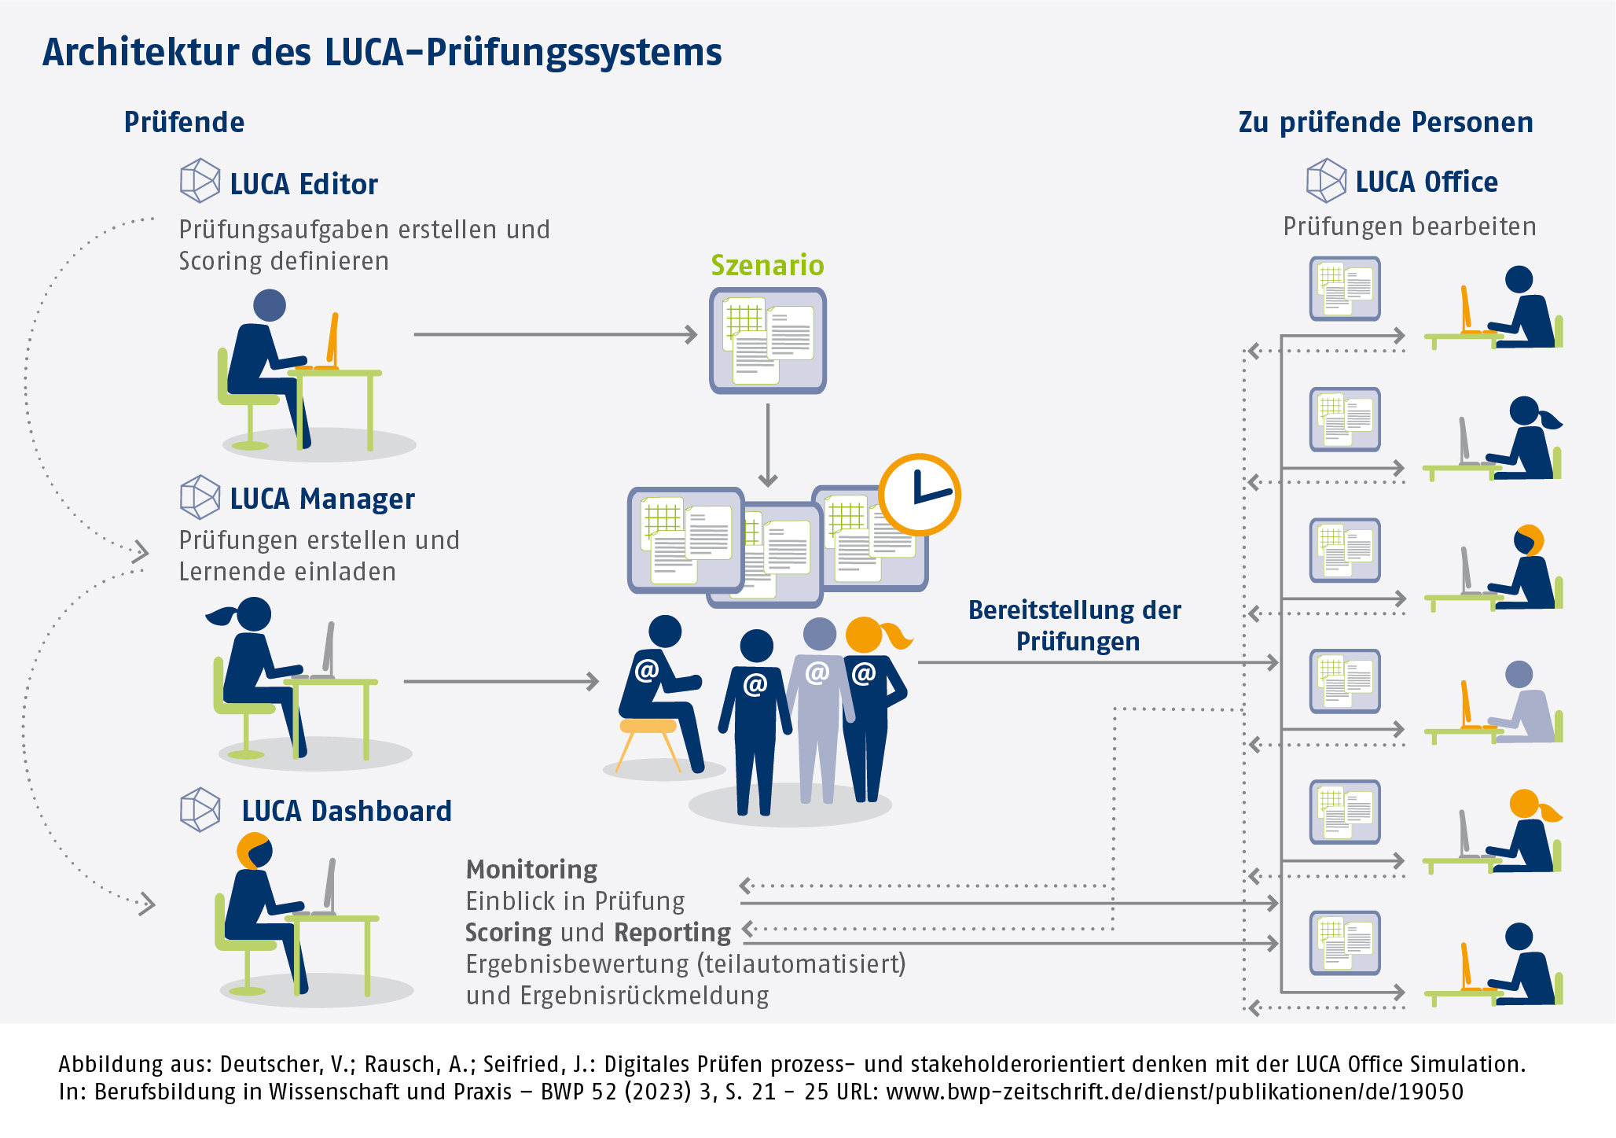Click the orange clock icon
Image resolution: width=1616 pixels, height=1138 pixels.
click(x=919, y=495)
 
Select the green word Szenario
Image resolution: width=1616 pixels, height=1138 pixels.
click(x=767, y=266)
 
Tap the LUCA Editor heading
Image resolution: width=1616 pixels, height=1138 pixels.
click(x=303, y=184)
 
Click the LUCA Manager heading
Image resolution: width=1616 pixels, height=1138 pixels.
click(x=321, y=499)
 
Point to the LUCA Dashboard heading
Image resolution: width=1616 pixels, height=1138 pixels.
click(x=346, y=811)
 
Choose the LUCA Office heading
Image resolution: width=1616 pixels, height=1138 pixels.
click(x=1426, y=182)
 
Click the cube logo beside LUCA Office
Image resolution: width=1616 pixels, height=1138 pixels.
click(x=1326, y=181)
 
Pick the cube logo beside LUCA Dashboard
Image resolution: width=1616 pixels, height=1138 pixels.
click(x=200, y=809)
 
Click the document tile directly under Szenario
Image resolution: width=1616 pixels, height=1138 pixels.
click(x=768, y=341)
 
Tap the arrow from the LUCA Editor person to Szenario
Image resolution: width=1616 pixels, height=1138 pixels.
click(x=554, y=335)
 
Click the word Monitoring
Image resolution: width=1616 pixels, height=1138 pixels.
click(x=531, y=869)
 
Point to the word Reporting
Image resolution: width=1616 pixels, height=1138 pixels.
click(x=672, y=932)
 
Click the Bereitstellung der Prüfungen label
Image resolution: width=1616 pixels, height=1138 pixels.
click(x=1075, y=625)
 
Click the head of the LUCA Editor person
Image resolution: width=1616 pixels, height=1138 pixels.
click(x=270, y=305)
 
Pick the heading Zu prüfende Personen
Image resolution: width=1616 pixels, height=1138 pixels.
click(x=1385, y=123)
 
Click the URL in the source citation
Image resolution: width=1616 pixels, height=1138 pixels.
click(x=1174, y=1092)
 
